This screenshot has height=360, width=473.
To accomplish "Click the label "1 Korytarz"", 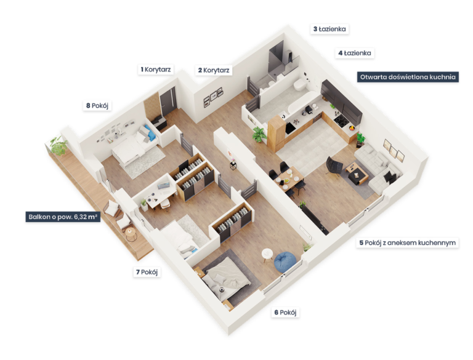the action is pyautogui.click(x=156, y=70).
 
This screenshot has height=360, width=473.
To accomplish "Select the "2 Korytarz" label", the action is pyautogui.click(x=214, y=70).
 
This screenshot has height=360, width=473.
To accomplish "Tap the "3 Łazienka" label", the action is pyautogui.click(x=329, y=30).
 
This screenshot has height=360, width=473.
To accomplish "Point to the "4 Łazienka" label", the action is pyautogui.click(x=355, y=53).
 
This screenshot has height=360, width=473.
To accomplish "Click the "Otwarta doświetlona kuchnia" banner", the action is pyautogui.click(x=408, y=77).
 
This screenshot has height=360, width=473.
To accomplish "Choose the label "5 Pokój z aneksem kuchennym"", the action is pyautogui.click(x=407, y=242).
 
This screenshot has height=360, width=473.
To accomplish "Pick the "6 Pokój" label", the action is pyautogui.click(x=285, y=313).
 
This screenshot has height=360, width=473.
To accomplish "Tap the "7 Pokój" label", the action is pyautogui.click(x=147, y=272).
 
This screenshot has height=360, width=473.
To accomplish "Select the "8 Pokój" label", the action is pyautogui.click(x=97, y=105).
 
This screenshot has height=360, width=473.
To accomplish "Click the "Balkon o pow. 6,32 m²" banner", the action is pyautogui.click(x=63, y=217).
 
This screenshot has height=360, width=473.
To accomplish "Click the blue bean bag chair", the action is pyautogui.click(x=285, y=261).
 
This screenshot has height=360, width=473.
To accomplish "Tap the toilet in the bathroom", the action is pyautogui.click(x=301, y=85).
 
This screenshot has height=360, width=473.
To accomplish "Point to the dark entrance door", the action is pyautogui.click(x=168, y=101).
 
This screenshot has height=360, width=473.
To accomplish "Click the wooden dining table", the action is pyautogui.click(x=289, y=178).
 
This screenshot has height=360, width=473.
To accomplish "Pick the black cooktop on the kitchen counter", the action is pyautogui.click(x=341, y=120).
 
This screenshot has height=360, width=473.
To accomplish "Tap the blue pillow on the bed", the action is pyautogui.click(x=150, y=133).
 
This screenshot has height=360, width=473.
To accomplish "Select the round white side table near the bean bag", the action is pyautogui.click(x=267, y=254).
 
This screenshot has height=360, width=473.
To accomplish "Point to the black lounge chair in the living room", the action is pyautogui.click(x=334, y=165).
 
